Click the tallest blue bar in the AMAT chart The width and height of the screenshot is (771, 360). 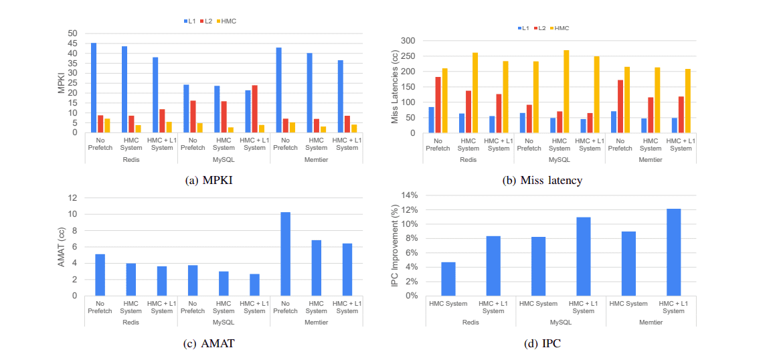[285, 254]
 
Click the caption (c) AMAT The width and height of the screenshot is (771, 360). [209, 344]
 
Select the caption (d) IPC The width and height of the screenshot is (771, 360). [543, 344]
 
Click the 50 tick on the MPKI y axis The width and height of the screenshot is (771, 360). [72, 33]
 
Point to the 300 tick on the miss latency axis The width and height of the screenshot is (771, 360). [409, 41]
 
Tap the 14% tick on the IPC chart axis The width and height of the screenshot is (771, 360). [409, 195]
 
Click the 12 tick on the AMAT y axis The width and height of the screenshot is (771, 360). [74, 198]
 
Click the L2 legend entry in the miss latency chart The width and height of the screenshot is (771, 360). [539, 28]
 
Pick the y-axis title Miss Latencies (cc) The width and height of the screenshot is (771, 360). [395, 86]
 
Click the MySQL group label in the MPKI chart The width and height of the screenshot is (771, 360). [224, 159]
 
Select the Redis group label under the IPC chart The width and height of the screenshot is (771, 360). [470, 323]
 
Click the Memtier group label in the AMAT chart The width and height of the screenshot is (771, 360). [316, 323]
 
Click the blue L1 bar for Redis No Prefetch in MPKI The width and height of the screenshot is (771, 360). [94, 88]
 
